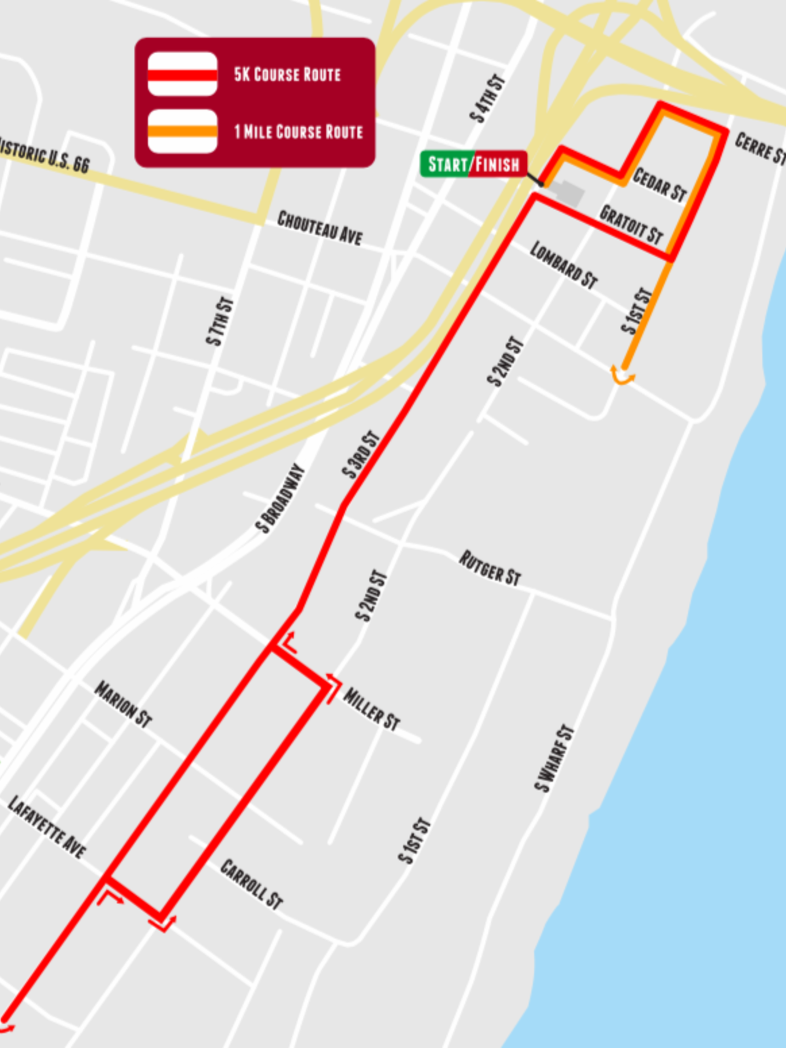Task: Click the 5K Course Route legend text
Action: (287, 74)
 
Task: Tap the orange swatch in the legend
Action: (182, 131)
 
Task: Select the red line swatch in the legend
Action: (182, 74)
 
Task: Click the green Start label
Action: (446, 165)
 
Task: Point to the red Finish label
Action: (497, 165)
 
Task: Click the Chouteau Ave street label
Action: (320, 228)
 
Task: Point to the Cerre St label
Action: (759, 148)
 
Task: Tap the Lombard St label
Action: (564, 264)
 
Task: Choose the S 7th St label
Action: (220, 321)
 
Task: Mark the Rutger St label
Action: (490, 568)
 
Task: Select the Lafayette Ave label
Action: (47, 827)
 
